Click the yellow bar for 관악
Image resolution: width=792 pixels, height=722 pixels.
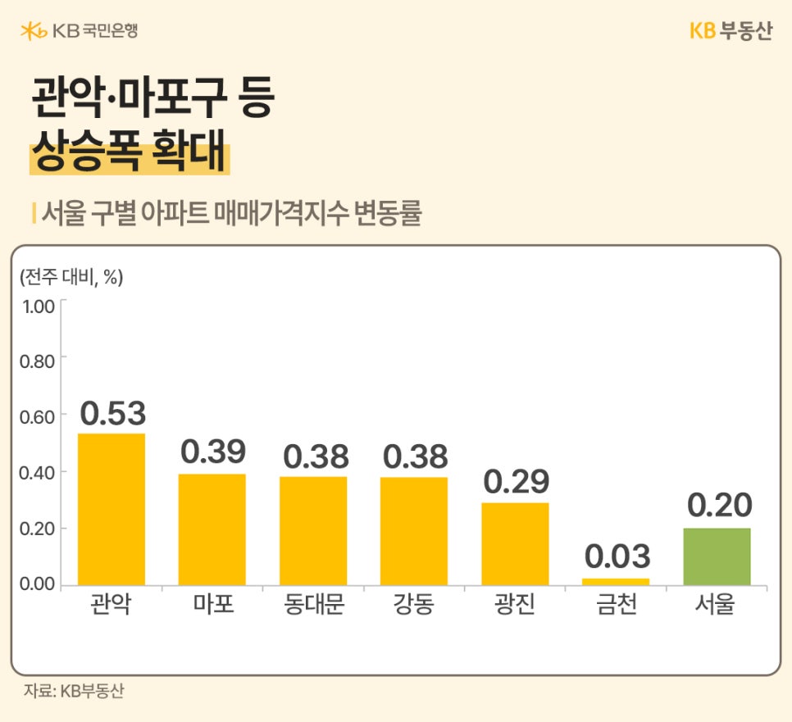112,509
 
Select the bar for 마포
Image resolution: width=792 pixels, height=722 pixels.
212,529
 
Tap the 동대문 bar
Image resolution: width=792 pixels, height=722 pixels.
313,530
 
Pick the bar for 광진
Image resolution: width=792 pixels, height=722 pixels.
515,543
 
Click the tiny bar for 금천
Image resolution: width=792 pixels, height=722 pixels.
616,581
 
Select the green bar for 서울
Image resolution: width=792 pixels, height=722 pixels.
717,556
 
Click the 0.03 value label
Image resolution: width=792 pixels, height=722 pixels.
617,556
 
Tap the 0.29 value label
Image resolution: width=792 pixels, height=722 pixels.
516,482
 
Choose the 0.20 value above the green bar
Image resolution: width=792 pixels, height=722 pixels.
718,506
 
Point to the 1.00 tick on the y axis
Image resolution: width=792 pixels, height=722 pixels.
37,307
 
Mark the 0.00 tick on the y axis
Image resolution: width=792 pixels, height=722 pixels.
37,584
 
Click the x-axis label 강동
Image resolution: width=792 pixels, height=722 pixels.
414,607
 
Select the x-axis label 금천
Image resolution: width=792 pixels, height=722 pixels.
617,607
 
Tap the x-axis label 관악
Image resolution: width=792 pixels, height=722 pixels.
112,607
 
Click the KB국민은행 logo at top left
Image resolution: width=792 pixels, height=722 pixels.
80,31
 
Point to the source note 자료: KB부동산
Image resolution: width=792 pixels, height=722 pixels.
74,691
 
